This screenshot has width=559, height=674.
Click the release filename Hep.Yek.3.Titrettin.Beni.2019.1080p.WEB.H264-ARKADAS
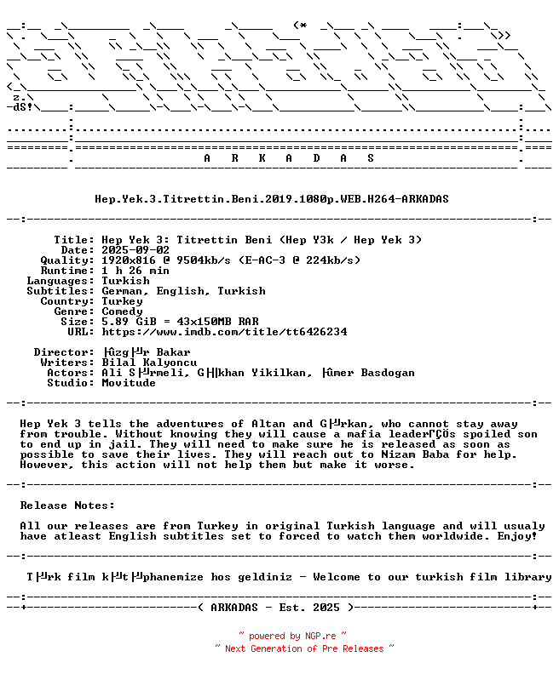(272, 199)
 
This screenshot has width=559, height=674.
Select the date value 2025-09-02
(135, 250)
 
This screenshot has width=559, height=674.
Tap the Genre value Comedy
(122, 311)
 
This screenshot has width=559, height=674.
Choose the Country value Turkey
(122, 301)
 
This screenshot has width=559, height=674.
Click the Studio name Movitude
(129, 383)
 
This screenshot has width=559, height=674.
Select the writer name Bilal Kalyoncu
(149, 363)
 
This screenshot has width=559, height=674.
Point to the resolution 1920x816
(129, 260)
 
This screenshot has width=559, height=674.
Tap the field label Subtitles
(61, 291)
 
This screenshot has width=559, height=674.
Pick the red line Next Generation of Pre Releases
(304, 648)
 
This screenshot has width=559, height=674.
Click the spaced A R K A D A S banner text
(289, 158)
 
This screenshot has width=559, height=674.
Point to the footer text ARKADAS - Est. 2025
(272, 608)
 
